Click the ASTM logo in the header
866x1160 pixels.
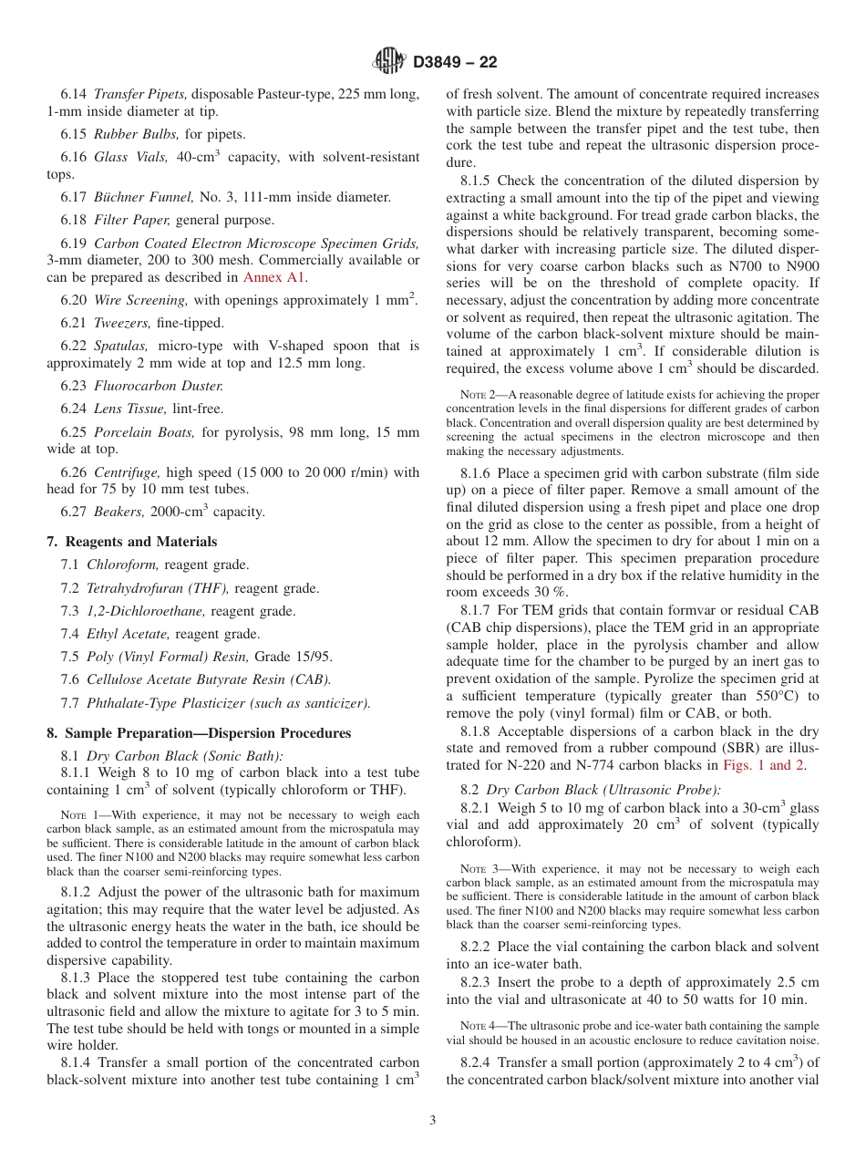point(389,62)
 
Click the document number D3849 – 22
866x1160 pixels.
point(455,63)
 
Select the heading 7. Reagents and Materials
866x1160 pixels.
point(132,542)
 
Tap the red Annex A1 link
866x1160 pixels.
point(275,277)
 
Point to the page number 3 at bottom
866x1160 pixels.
point(433,1120)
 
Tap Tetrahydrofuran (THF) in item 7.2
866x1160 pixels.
point(158,588)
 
